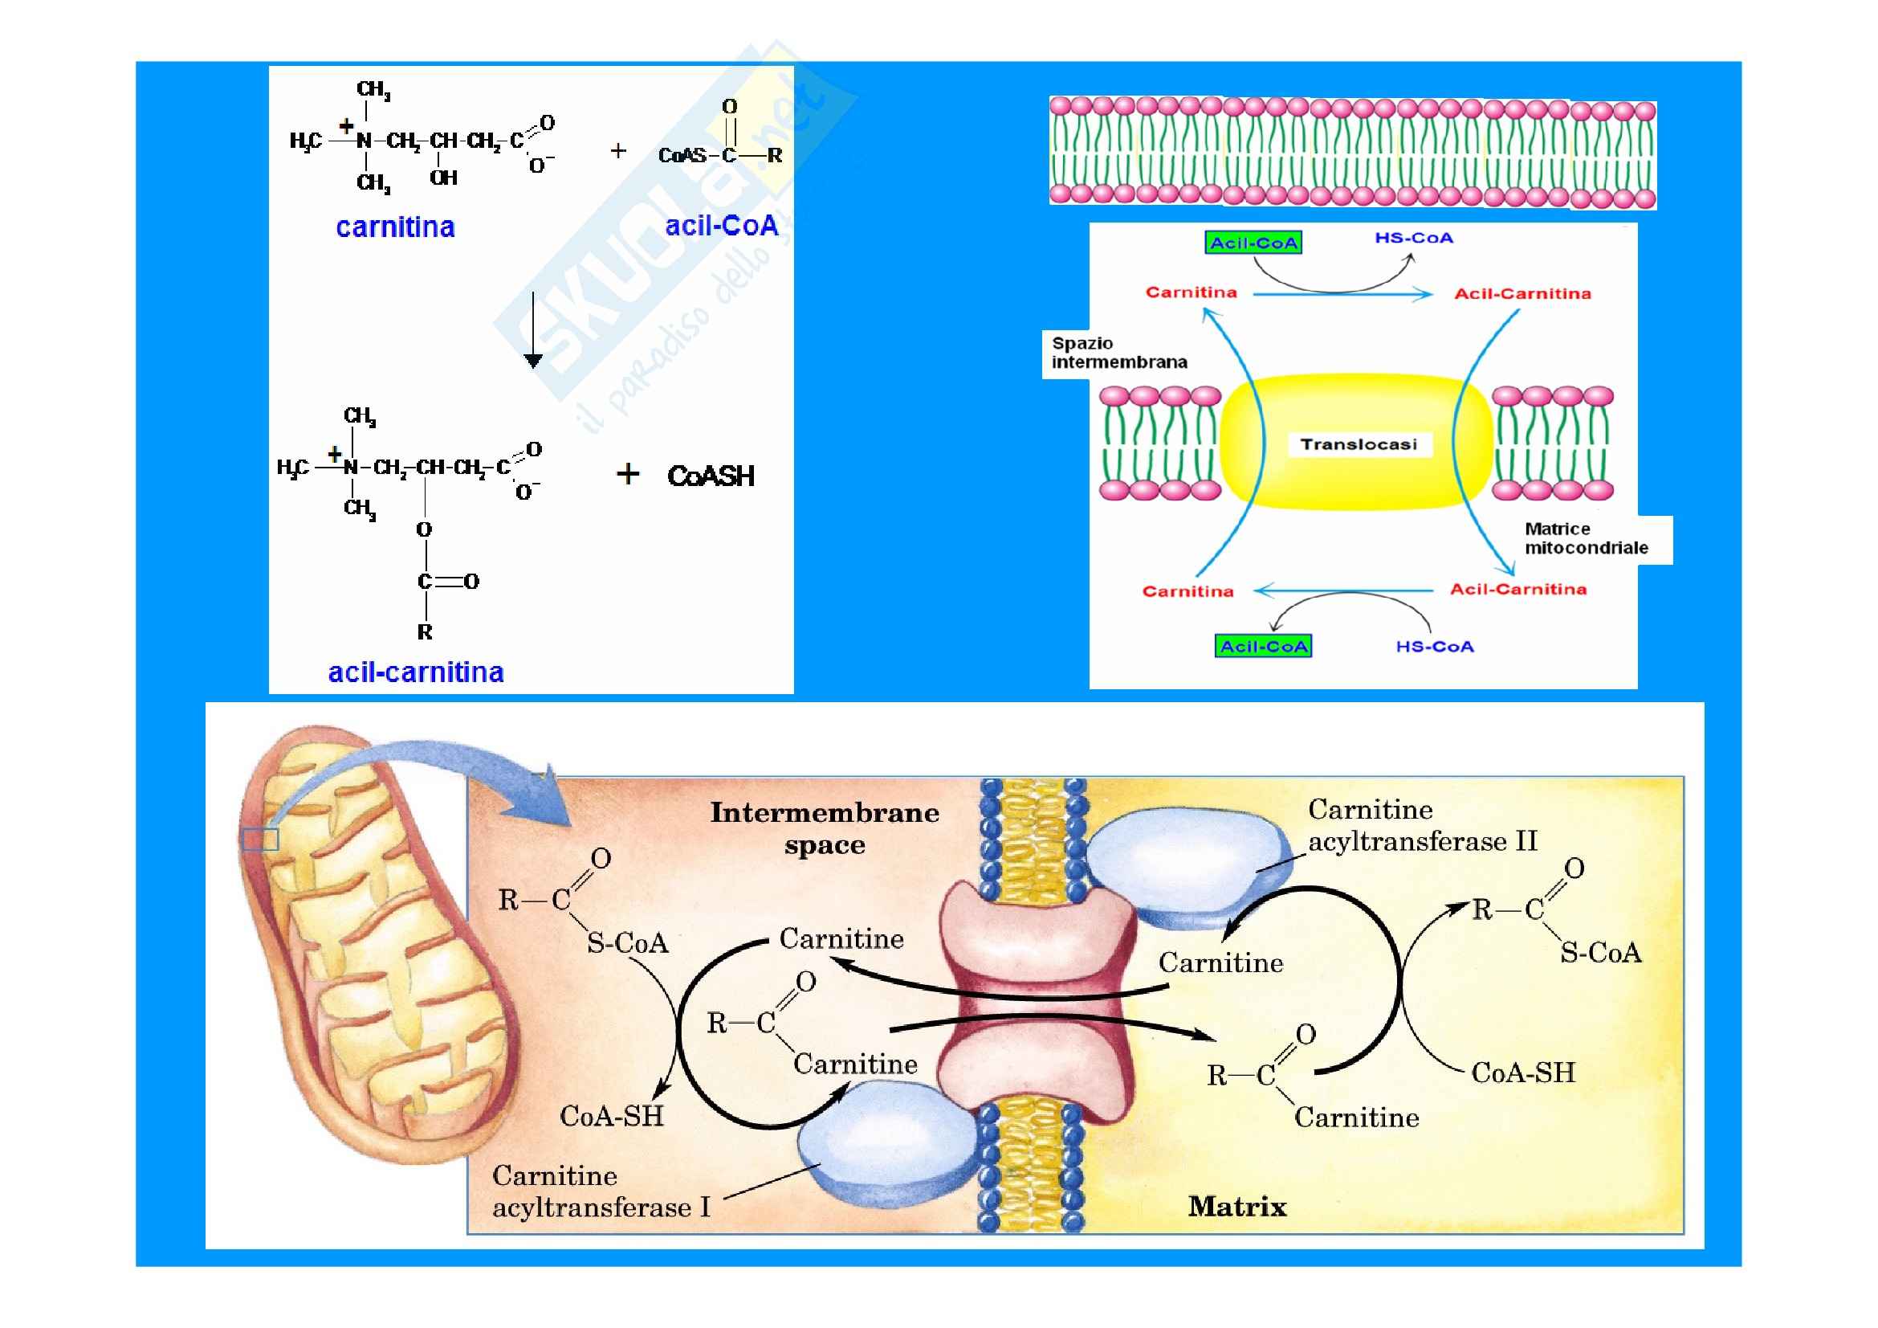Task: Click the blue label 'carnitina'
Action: pyautogui.click(x=395, y=227)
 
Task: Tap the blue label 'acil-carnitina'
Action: pyautogui.click(x=416, y=672)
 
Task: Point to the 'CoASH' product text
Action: pyautogui.click(x=710, y=476)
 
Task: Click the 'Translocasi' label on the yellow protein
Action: pyautogui.click(x=1358, y=444)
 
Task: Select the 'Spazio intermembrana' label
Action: pyautogui.click(x=1118, y=353)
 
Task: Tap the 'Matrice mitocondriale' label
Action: pyautogui.click(x=1585, y=538)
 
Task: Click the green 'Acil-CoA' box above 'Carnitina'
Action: pyautogui.click(x=1253, y=243)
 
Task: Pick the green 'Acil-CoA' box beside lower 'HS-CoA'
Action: pyautogui.click(x=1264, y=647)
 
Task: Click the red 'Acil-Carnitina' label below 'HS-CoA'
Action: pyautogui.click(x=1522, y=294)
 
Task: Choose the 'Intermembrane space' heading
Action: pyautogui.click(x=824, y=828)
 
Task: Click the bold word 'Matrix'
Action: pyautogui.click(x=1236, y=1206)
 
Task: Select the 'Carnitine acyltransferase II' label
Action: pyautogui.click(x=1422, y=825)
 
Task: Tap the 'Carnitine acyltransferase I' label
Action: pyautogui.click(x=601, y=1191)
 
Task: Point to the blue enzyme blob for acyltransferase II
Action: pyautogui.click(x=1186, y=866)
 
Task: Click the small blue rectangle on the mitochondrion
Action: pyautogui.click(x=260, y=840)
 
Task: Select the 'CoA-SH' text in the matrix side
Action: pyautogui.click(x=1522, y=1073)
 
